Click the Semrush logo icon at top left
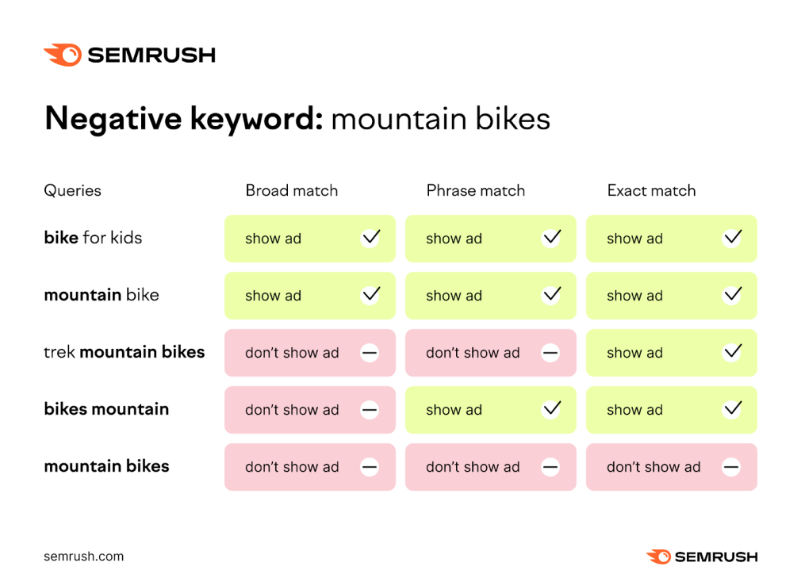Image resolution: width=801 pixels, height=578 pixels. coord(63,55)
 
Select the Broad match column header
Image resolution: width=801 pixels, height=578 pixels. coord(291,190)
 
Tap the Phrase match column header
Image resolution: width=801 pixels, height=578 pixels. coord(475,190)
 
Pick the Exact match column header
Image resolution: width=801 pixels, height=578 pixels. coord(651,190)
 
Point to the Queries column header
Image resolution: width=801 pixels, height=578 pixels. coord(72,190)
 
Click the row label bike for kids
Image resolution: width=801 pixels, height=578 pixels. coord(93,237)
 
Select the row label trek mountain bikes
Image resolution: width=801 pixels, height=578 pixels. coord(124,351)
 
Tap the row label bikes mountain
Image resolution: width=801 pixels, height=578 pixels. coord(106,409)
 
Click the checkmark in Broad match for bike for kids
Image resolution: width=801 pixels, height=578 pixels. coord(370,238)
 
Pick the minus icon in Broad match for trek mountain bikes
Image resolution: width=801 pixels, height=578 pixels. coord(370,353)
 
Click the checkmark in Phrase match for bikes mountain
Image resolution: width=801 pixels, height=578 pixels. coord(550,410)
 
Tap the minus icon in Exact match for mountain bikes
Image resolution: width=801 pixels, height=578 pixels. coord(731,467)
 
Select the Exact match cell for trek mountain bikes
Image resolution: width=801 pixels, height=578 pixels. coord(671,353)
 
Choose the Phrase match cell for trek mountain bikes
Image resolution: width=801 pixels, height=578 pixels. coord(490,353)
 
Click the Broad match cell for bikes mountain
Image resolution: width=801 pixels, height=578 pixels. coord(309,410)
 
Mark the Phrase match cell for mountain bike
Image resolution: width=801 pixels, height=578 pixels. coord(490,296)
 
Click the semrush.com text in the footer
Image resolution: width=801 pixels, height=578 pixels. coord(83,556)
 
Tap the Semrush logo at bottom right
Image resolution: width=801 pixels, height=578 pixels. coord(702,557)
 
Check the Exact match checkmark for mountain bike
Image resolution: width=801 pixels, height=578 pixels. coord(731,295)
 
